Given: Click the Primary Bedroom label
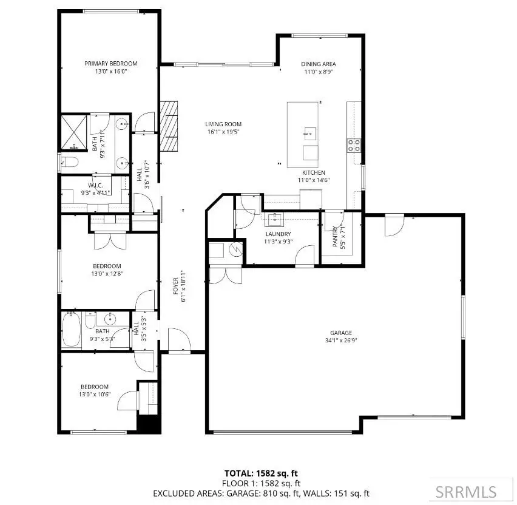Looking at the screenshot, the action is [x=111, y=63].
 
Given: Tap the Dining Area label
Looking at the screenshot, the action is [x=318, y=64].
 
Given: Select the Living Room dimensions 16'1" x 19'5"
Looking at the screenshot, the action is [x=223, y=132].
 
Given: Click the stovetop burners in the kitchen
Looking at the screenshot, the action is [x=354, y=146].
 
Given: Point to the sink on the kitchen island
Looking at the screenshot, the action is [x=310, y=134].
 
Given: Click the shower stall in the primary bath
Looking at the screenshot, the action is [x=74, y=132].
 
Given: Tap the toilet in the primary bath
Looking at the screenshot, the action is [x=69, y=162].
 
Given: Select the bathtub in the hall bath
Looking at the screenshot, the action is [x=71, y=330].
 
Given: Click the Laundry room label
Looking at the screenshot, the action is [x=279, y=234].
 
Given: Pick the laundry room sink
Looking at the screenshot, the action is [x=274, y=219].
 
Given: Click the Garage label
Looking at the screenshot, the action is [x=341, y=333].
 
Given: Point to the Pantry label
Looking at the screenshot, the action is [x=336, y=237].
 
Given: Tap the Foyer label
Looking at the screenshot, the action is [x=176, y=286].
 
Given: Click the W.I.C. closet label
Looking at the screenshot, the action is [x=95, y=185].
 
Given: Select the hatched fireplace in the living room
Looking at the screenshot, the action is [x=169, y=126].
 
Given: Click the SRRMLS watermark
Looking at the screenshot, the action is [x=466, y=492].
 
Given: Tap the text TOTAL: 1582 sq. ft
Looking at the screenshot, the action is [x=261, y=473].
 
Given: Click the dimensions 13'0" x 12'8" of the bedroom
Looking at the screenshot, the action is [x=107, y=274].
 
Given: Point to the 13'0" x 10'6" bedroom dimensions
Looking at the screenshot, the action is [x=95, y=394].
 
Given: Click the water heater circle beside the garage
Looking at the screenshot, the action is [x=236, y=249].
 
